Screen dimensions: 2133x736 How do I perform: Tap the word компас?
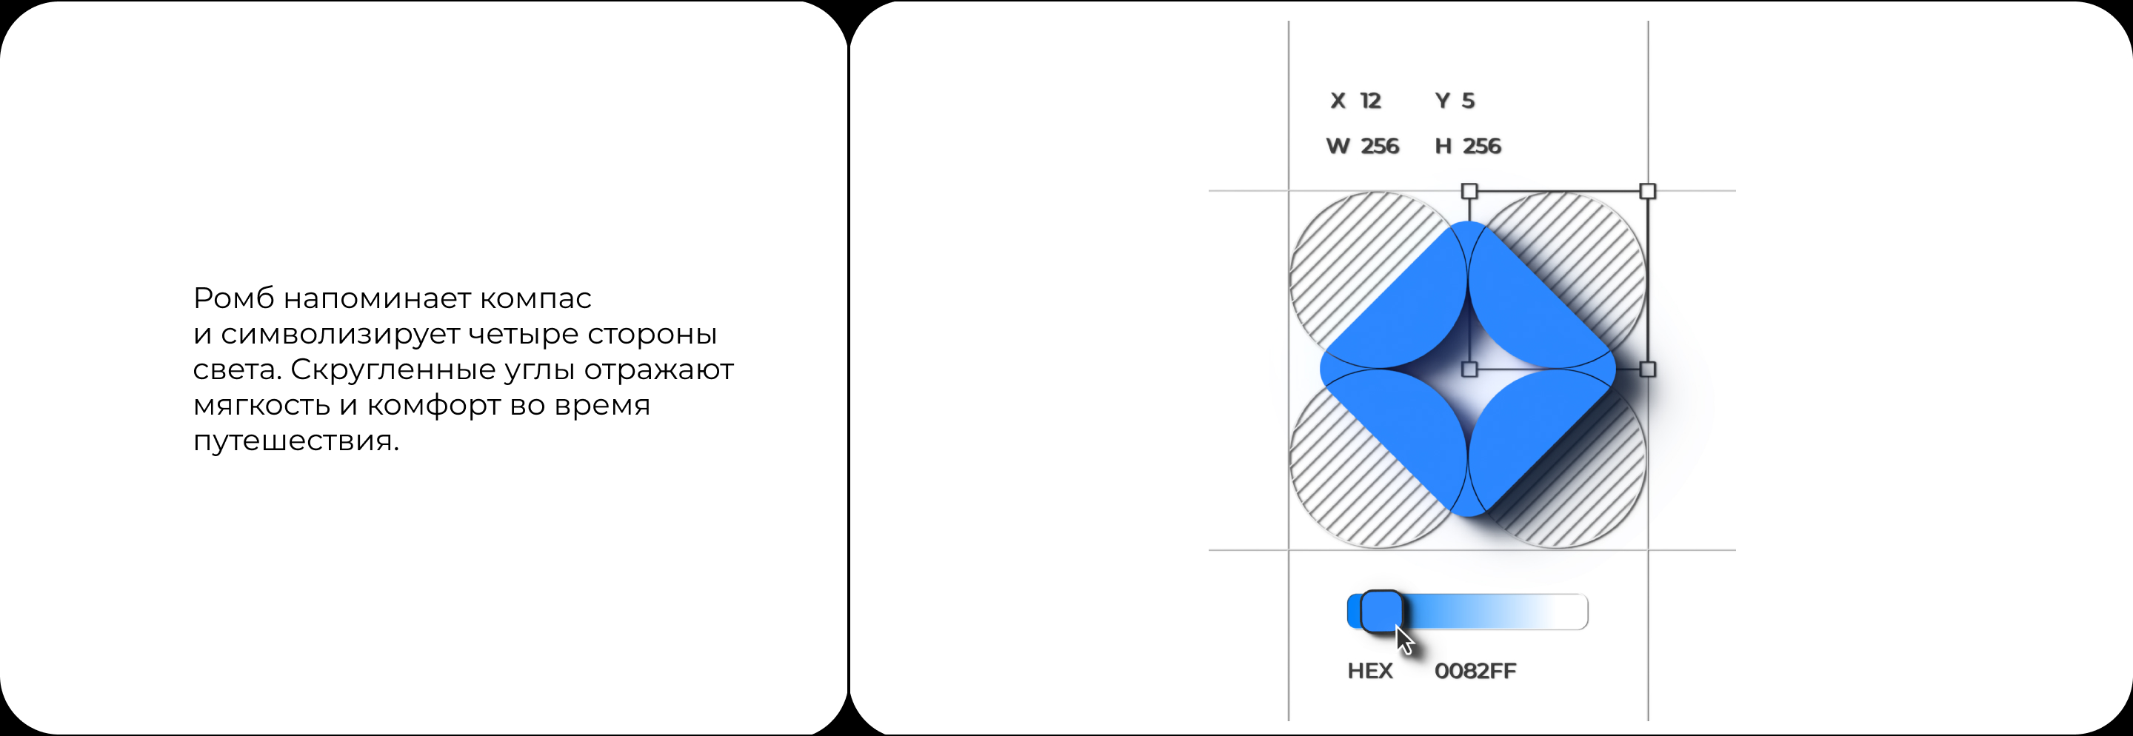pos(535,298)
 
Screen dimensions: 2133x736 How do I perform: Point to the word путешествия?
pos(296,441)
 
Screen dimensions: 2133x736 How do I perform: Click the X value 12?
pos(1370,101)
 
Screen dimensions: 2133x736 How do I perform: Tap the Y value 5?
pos(1468,101)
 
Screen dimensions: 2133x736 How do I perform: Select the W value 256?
pos(1380,147)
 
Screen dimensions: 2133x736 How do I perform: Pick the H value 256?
pos(1481,147)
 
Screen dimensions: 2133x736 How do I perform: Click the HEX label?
pos(1369,672)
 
